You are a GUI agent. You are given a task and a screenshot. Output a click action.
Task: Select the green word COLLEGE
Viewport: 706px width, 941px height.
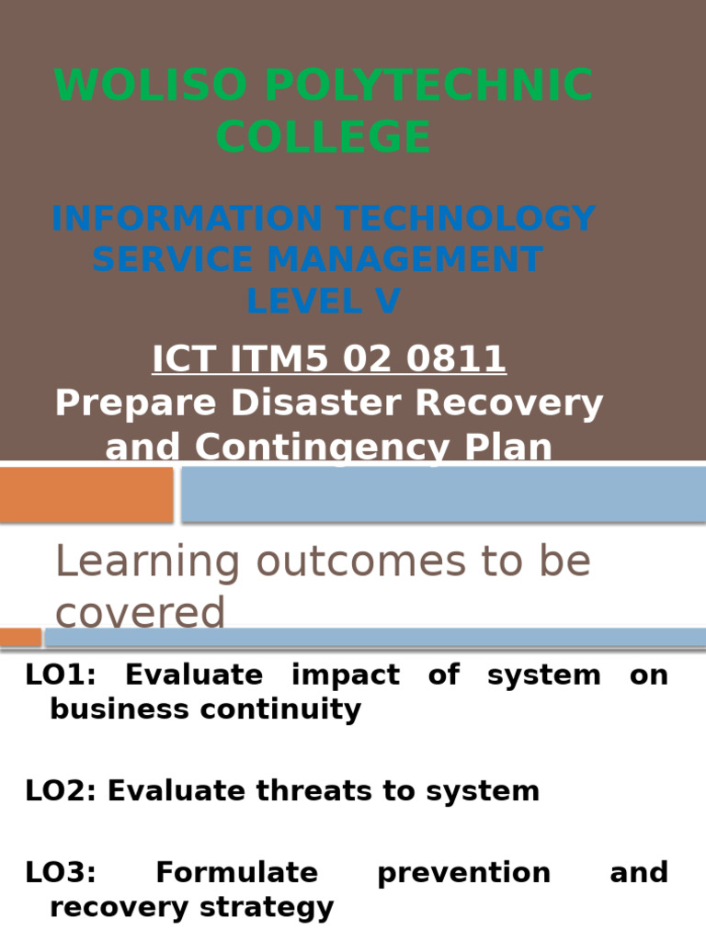pyautogui.click(x=324, y=138)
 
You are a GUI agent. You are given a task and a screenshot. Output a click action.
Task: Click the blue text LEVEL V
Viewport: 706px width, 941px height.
pyautogui.click(x=324, y=301)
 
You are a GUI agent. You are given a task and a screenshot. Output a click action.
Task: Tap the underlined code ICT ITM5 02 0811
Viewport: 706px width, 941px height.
pyautogui.click(x=329, y=359)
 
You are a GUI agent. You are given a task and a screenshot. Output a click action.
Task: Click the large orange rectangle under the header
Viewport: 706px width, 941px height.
pyautogui.click(x=86, y=494)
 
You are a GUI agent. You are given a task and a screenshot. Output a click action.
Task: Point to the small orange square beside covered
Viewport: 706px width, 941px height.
pyautogui.click(x=20, y=637)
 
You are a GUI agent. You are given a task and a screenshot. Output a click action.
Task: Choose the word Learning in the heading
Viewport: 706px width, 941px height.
pyautogui.click(x=148, y=561)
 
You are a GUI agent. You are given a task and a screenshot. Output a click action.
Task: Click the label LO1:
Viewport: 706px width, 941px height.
pyautogui.click(x=61, y=675)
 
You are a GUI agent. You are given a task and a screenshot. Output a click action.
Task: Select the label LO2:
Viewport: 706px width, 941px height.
pyautogui.click(x=61, y=791)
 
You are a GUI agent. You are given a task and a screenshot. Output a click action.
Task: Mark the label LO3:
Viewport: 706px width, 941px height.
pyautogui.click(x=61, y=872)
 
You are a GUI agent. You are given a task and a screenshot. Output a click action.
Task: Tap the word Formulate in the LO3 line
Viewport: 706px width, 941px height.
pyautogui.click(x=237, y=872)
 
